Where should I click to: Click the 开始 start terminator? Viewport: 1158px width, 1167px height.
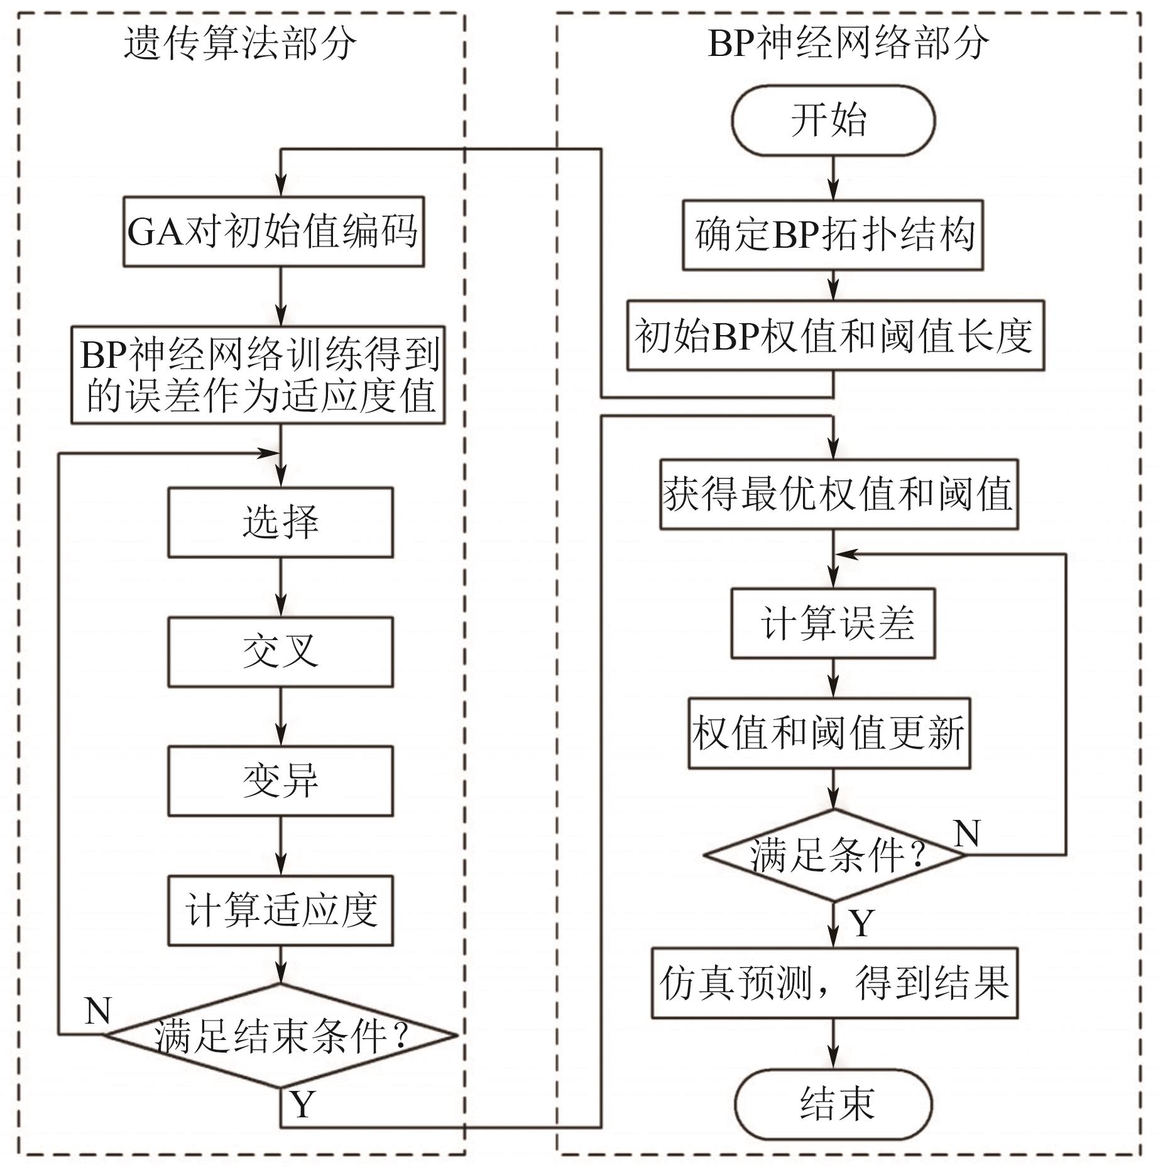tap(833, 119)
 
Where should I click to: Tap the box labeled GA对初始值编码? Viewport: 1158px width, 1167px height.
tap(273, 231)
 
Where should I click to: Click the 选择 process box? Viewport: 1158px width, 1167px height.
tap(280, 522)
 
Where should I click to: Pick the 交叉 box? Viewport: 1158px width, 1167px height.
tap(280, 651)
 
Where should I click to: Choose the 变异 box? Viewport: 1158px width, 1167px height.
tap(280, 781)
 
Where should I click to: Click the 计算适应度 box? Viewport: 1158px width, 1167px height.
tap(280, 910)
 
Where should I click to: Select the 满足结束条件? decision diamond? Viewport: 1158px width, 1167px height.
tap(280, 1036)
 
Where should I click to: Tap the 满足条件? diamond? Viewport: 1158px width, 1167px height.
tap(834, 855)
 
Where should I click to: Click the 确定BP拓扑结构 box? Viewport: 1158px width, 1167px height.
tap(833, 235)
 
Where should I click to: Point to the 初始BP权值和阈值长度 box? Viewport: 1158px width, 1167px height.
tap(835, 335)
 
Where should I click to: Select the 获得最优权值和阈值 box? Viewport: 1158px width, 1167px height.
tap(838, 494)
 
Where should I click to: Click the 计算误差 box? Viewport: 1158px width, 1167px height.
tap(833, 623)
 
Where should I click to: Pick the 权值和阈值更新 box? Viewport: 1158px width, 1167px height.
tap(829, 733)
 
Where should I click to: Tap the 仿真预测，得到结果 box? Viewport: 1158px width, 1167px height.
tap(834, 983)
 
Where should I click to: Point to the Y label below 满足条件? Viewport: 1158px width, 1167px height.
tap(862, 923)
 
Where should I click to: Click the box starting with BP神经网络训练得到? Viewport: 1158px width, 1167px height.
tap(258, 375)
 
